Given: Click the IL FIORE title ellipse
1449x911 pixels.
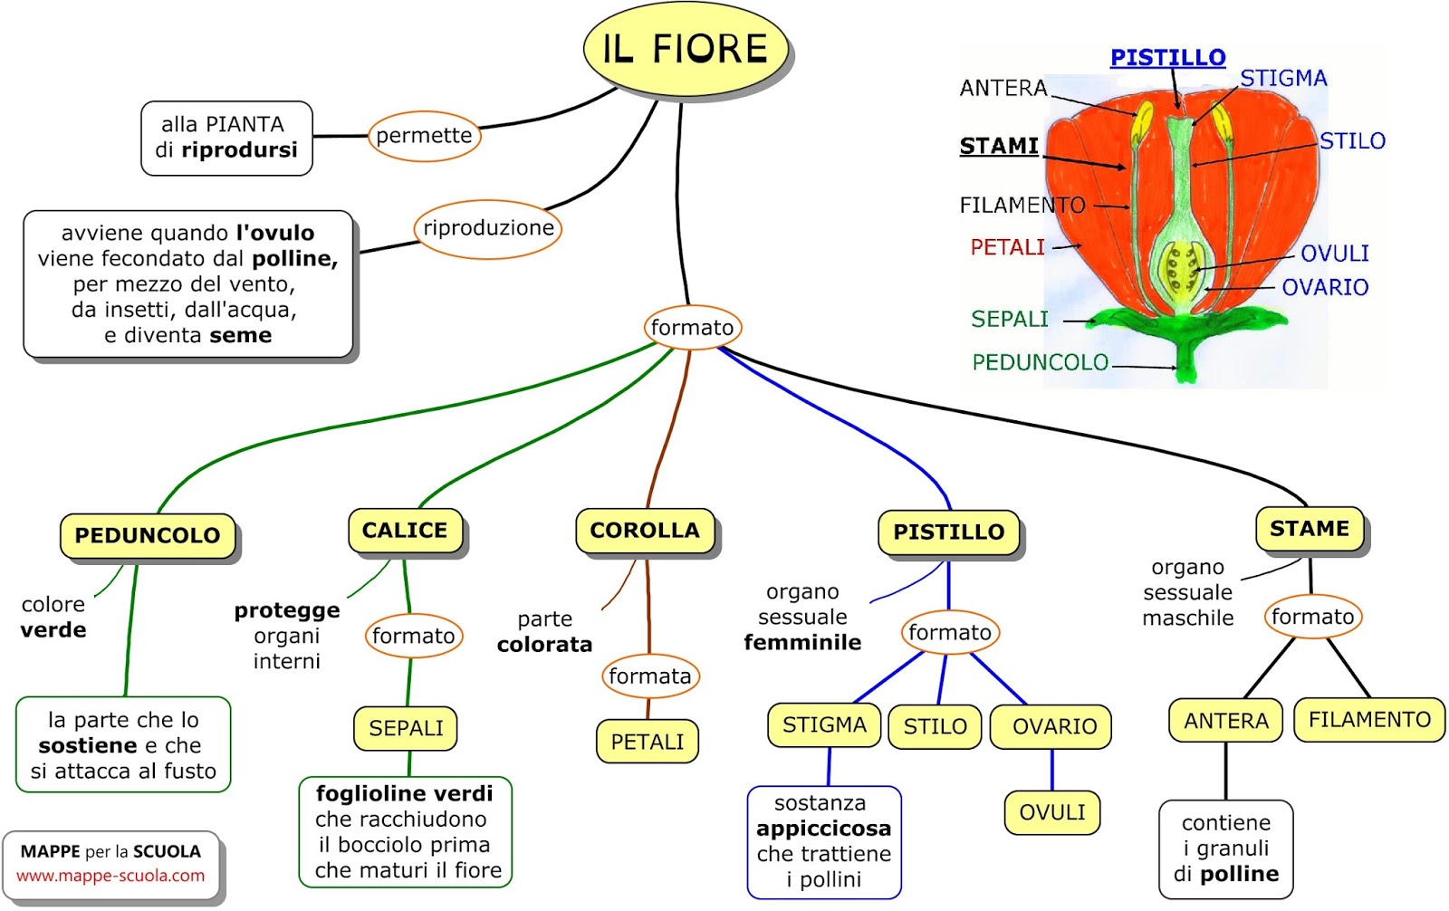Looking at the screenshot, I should tap(686, 49).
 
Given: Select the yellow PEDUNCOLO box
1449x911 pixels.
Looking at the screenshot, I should tap(148, 535).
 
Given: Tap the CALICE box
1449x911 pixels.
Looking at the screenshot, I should tap(405, 531).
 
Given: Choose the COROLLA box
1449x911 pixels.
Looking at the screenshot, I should tap(645, 531).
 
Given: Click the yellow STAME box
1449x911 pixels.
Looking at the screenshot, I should tap(1310, 529).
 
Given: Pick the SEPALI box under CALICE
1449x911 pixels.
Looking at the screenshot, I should tap(406, 728).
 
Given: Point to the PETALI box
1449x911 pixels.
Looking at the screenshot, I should tap(647, 742).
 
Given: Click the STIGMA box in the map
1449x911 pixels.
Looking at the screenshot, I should tap(824, 725).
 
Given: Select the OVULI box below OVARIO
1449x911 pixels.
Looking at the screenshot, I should tap(1051, 812).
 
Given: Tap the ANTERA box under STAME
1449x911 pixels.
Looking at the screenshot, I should tap(1226, 721).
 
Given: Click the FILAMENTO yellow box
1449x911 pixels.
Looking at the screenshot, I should tap(1369, 720).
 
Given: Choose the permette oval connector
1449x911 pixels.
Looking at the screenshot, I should tap(424, 136).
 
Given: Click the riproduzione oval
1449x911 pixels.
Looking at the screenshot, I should tap(488, 228).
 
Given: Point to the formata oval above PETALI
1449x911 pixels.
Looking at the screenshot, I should tap(649, 676).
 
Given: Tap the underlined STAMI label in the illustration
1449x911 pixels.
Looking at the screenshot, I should tap(999, 146).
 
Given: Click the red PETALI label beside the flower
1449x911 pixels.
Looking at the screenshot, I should tap(1007, 247).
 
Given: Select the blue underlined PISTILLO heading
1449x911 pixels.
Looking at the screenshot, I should tap(1167, 58).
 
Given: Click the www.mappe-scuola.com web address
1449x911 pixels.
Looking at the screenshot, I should tap(110, 876).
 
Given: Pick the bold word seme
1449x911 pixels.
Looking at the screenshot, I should tap(240, 336).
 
